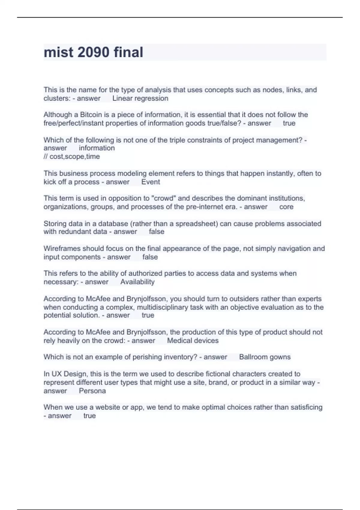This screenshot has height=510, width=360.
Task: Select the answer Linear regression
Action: point(140,98)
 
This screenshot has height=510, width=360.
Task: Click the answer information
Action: point(97,148)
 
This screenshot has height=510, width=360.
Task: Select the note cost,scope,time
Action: point(74,156)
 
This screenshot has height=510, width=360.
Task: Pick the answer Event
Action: point(151,182)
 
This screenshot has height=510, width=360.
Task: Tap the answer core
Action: point(286,207)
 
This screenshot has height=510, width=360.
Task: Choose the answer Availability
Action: point(137,282)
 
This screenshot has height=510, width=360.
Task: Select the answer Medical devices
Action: point(193,340)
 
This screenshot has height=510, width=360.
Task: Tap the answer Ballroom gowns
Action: point(265,357)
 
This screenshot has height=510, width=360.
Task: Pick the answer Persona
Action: point(92,391)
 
